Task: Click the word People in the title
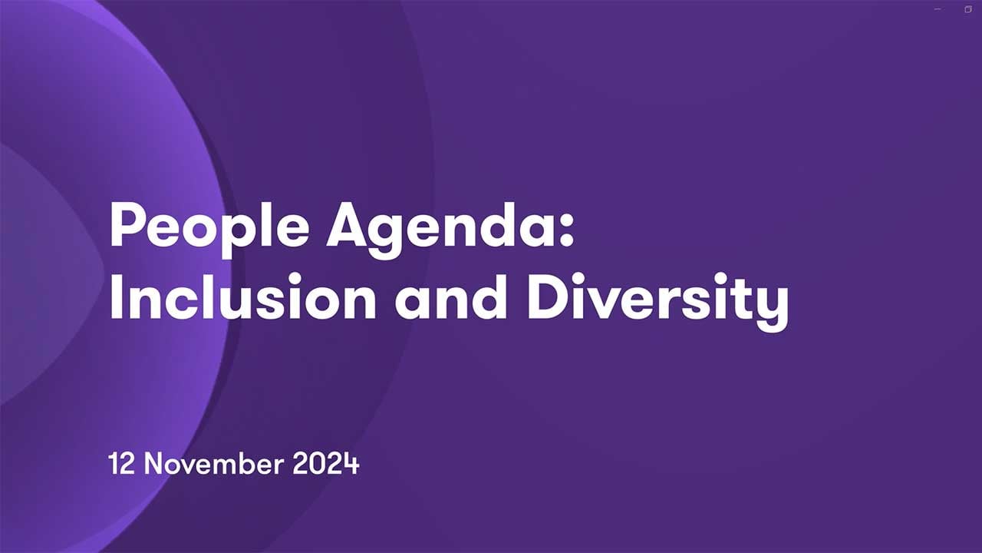[x=209, y=229]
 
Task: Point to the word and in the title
[x=450, y=296]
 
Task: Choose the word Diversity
[x=657, y=301]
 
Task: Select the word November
[x=213, y=463]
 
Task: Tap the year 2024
[x=326, y=463]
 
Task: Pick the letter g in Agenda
[x=384, y=237]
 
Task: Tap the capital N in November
[x=153, y=463]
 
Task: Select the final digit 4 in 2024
[x=351, y=463]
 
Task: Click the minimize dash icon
[x=938, y=9]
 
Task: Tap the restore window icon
[x=968, y=9]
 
